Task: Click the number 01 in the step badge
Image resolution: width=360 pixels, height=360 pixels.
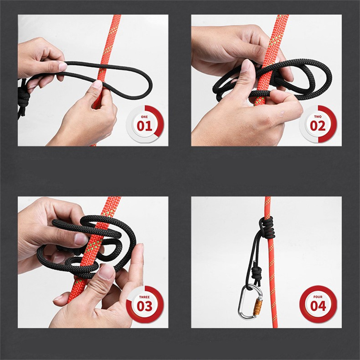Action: pos(145,126)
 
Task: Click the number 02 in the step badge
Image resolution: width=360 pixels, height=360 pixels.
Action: pos(318,126)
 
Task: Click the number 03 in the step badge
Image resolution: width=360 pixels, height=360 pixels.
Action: pos(145,306)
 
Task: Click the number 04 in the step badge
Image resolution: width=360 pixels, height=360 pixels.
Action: pos(318,306)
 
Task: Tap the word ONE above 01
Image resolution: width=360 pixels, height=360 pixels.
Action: pos(145,117)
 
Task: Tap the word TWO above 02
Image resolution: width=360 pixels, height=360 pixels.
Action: pos(318,117)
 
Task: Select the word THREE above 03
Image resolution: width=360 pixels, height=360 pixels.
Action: pos(145,297)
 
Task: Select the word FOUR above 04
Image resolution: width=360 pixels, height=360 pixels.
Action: pos(318,297)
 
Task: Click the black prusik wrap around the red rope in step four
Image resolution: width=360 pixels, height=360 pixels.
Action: pos(267,228)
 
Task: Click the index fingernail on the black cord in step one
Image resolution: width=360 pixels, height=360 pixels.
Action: pos(63,66)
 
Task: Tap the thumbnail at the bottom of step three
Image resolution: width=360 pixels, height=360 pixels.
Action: pos(107,272)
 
